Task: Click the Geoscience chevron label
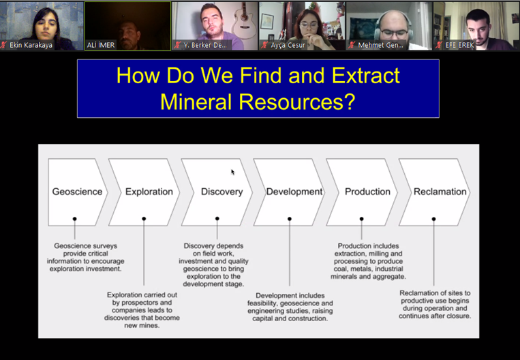77,192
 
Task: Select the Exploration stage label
149,192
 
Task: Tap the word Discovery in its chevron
222,192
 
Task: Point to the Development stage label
294,192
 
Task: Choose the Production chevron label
367,192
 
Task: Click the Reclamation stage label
440,192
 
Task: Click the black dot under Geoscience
74,219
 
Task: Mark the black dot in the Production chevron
361,219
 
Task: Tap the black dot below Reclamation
433,219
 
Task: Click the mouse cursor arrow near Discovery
233,172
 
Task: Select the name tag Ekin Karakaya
31,45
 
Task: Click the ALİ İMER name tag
101,45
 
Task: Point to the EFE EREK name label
459,45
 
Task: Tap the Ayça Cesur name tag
288,45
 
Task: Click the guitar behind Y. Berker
243,22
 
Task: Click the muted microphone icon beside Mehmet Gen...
352,45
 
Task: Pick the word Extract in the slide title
366,76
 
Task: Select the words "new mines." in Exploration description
142,325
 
